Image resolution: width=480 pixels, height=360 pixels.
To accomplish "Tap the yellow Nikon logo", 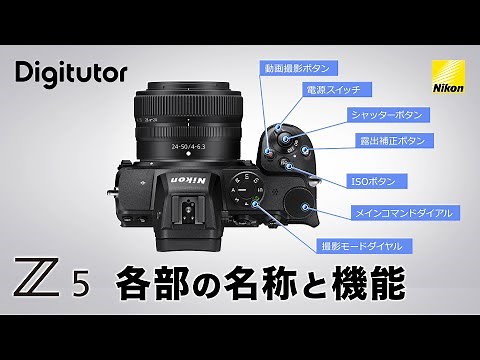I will tap(445, 77).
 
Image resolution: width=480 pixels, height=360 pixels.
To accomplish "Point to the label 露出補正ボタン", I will tap(394, 140).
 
